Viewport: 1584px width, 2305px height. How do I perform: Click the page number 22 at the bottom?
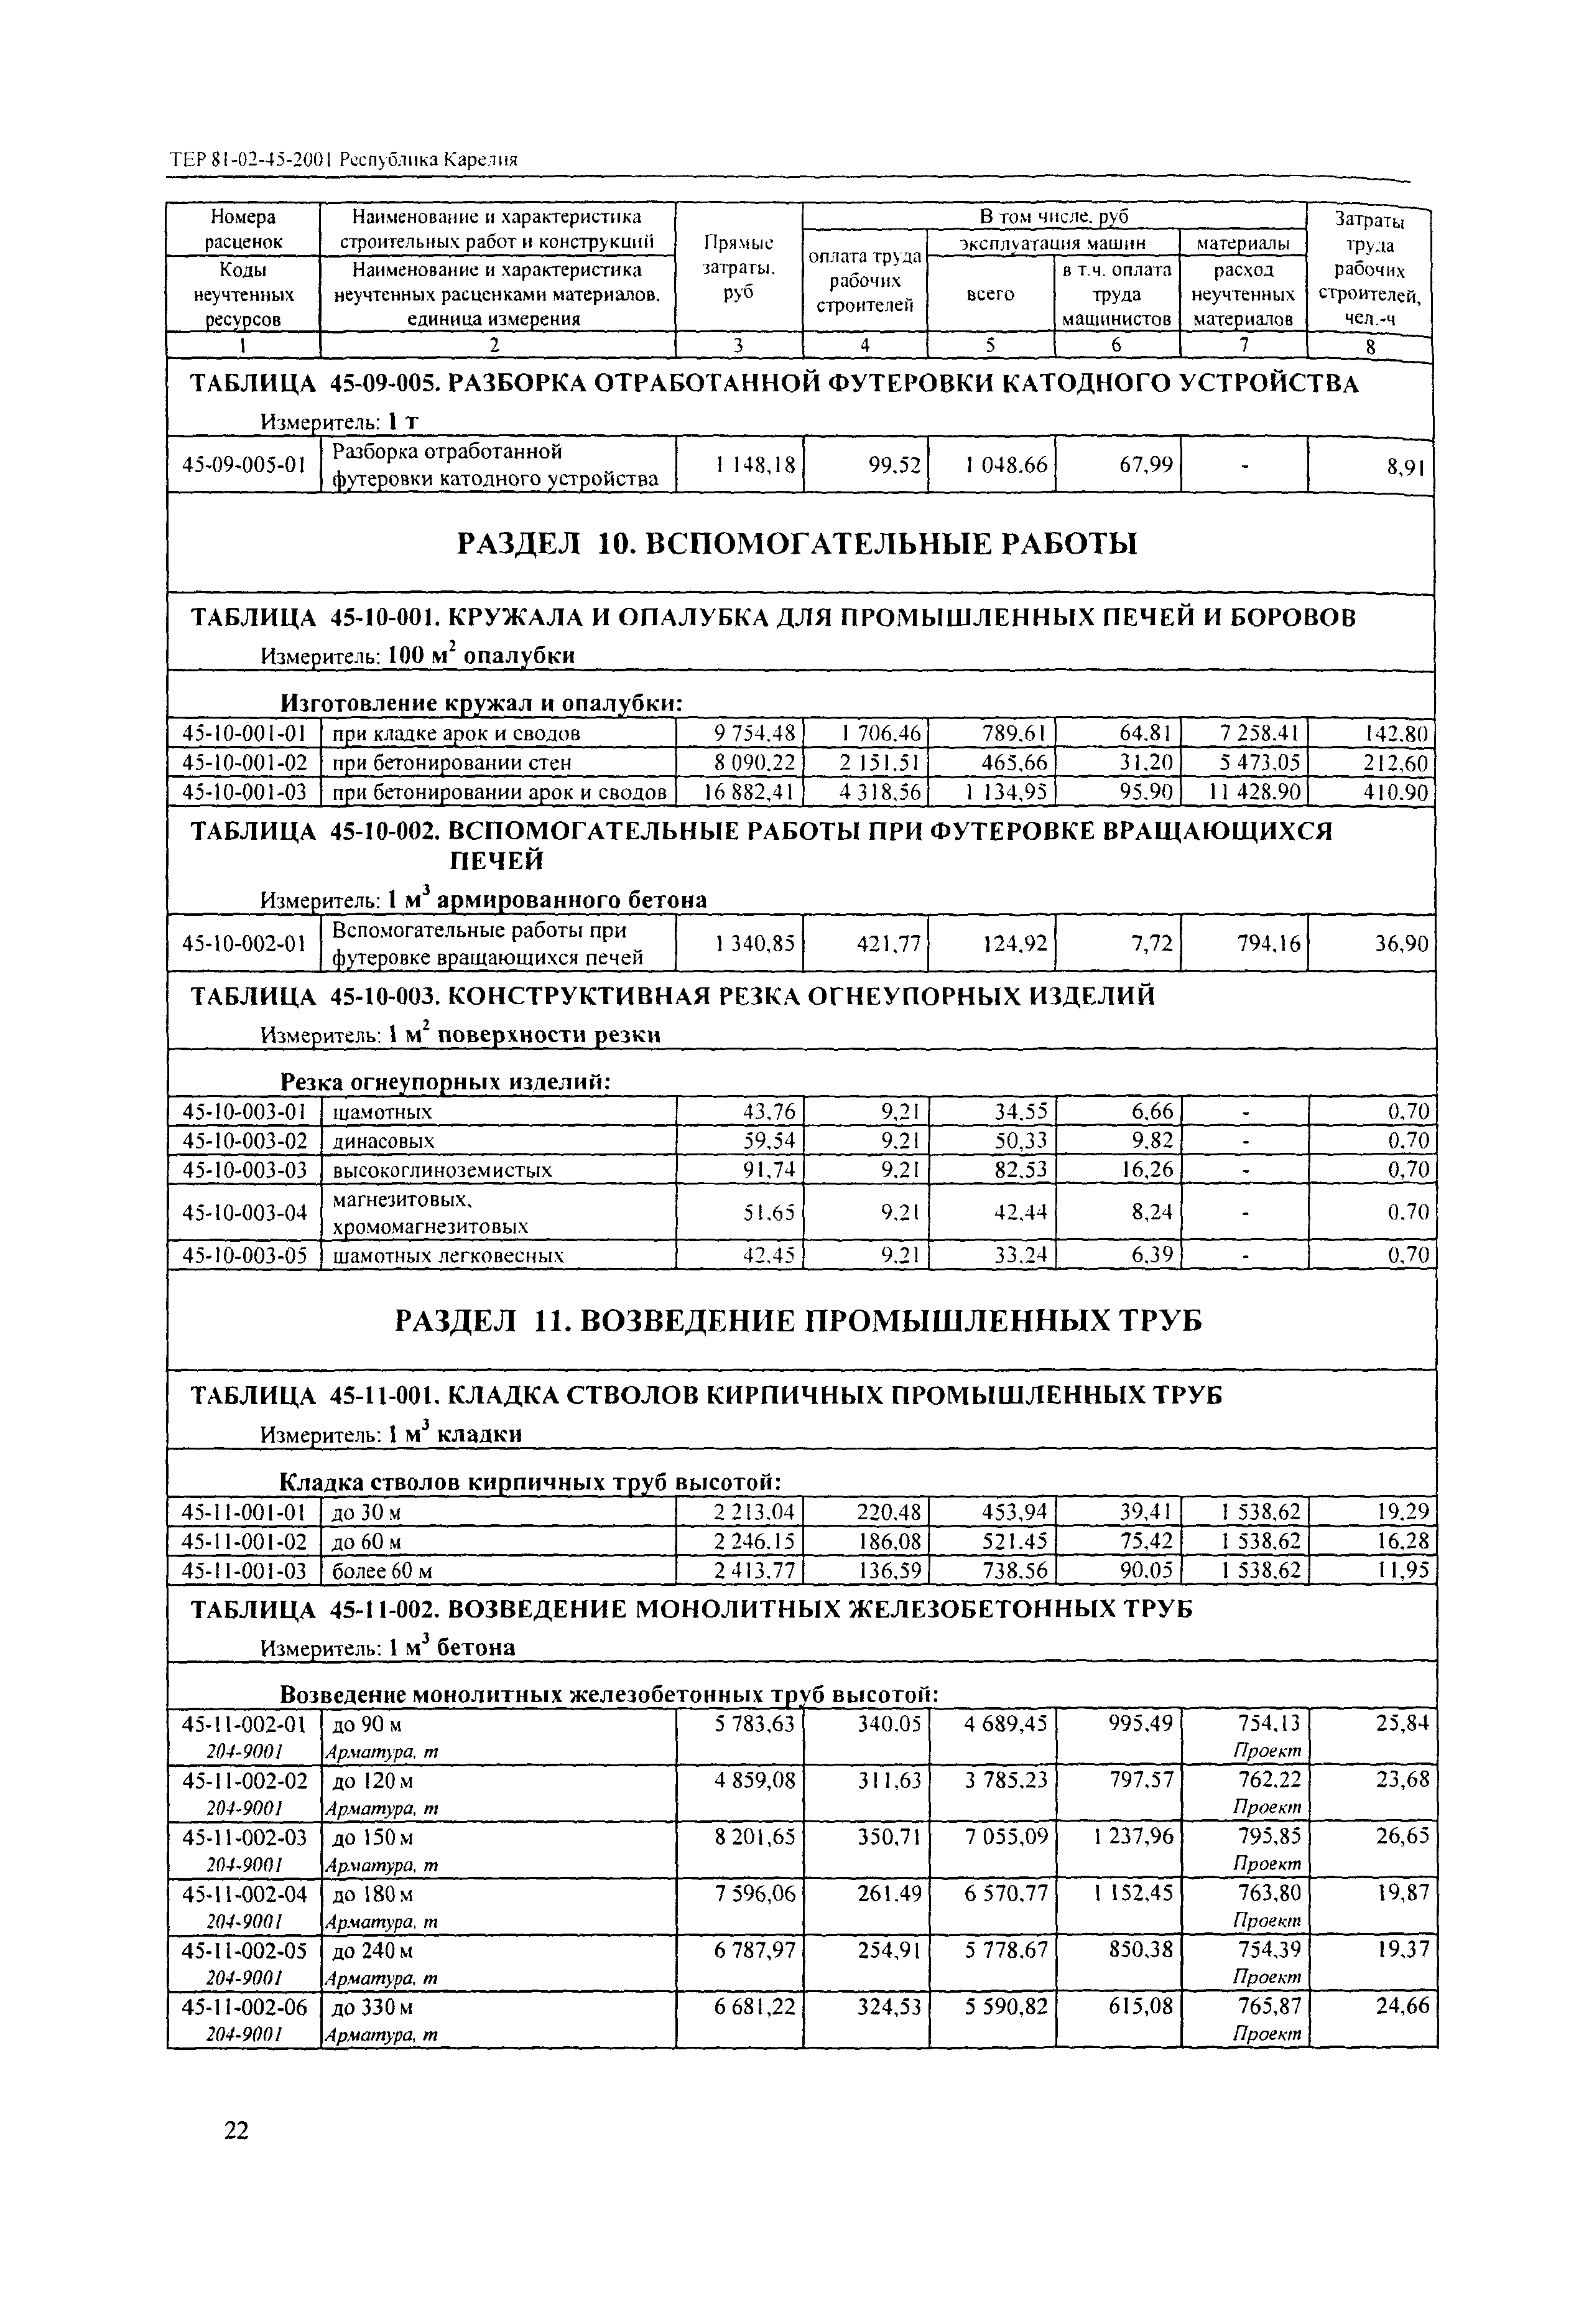(236, 2130)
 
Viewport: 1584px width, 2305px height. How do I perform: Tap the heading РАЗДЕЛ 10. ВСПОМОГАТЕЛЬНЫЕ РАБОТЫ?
(796, 544)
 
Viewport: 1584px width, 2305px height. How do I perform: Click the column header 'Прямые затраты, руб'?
(738, 268)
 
